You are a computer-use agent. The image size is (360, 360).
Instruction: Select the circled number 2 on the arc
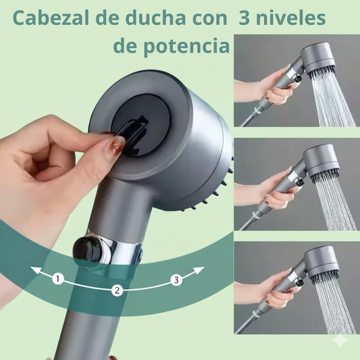click(x=117, y=291)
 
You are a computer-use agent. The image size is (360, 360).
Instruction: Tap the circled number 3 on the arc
click(x=176, y=280)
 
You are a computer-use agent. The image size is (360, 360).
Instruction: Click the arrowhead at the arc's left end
click(x=34, y=269)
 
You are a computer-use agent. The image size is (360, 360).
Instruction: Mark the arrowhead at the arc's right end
click(x=201, y=269)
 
